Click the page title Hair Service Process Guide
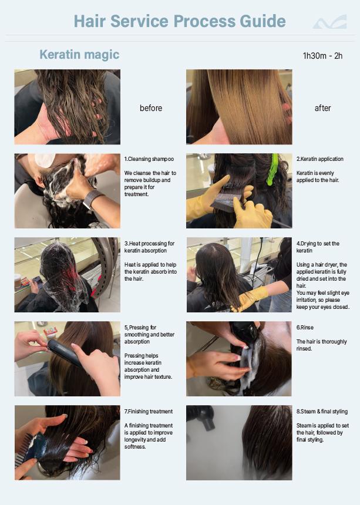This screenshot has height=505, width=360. coord(180,21)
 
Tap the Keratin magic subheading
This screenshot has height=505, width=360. coord(79,55)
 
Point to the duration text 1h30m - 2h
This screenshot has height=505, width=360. coord(322,56)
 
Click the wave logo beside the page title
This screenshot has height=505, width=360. coord(330,22)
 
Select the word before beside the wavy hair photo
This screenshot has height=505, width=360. coord(151,108)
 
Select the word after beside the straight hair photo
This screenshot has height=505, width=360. coord(322,108)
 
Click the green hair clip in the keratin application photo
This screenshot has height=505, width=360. coord(273,169)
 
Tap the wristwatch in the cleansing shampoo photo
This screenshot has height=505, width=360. coord(92,198)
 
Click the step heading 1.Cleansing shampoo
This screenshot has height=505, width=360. coord(149,159)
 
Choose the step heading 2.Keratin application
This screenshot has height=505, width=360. coord(319,159)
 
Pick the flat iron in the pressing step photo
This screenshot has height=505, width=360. coord(65,353)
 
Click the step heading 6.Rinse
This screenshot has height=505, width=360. coord(305,327)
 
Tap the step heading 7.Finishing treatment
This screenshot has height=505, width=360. coord(149,411)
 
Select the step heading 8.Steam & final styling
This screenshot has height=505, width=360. coord(322,411)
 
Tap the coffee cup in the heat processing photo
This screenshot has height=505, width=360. coord(18,282)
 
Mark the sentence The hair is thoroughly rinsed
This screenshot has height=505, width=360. coord(321,345)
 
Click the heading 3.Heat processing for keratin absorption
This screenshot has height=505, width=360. coord(149,247)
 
